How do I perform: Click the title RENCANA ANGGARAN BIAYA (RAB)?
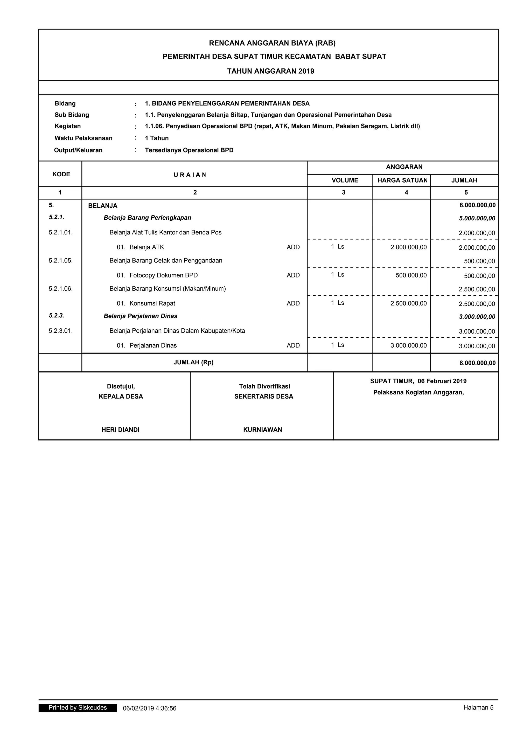[x=272, y=43]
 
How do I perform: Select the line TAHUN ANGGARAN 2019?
[x=270, y=71]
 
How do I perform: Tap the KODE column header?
[x=61, y=174]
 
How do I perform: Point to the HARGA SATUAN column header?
[x=402, y=180]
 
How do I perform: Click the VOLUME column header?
[x=345, y=180]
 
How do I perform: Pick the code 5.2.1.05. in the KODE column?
[x=60, y=261]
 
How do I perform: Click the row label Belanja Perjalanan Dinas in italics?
[x=140, y=316]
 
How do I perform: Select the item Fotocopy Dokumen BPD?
[x=164, y=275]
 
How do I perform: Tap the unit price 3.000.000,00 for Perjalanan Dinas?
[x=408, y=345]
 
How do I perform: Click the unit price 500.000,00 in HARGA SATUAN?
[x=411, y=275]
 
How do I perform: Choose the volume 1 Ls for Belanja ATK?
[x=337, y=247]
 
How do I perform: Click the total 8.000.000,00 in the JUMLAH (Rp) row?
[x=477, y=363]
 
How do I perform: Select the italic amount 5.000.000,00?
[x=477, y=219]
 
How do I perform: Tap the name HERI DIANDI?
[x=120, y=430]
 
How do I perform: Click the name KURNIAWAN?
[x=263, y=430]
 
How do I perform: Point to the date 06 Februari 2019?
[x=442, y=381]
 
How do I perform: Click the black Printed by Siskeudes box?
[x=78, y=708]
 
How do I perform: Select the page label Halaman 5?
[x=478, y=708]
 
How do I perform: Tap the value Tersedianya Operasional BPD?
[x=189, y=150]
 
